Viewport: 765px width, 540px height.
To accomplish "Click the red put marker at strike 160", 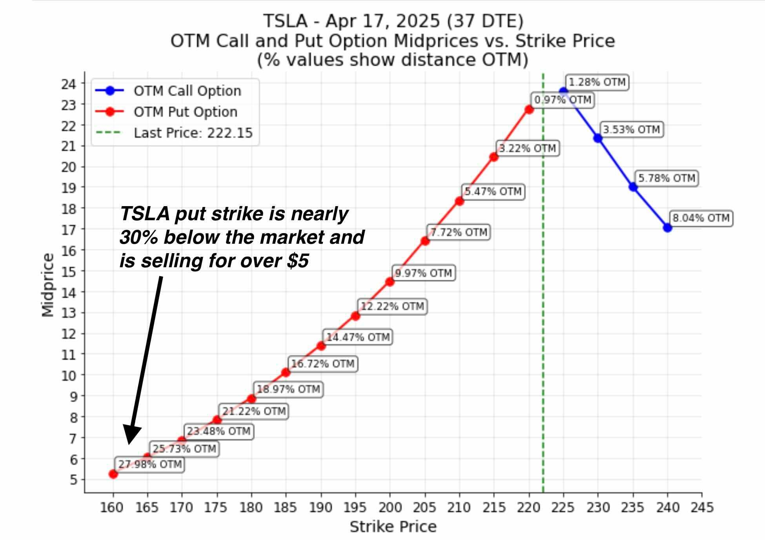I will [113, 474].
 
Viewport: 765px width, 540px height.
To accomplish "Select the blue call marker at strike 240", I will [667, 227].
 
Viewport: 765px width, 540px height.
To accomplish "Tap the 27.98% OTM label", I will [150, 464].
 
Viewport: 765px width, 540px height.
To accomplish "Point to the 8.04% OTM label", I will [701, 218].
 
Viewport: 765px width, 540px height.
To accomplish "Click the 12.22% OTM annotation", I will [392, 306].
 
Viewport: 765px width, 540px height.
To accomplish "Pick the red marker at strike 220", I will [529, 109].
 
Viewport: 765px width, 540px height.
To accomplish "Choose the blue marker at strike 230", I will [598, 138].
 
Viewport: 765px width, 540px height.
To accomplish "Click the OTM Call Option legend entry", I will [187, 91].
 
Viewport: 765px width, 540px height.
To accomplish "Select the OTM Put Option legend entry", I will [185, 112].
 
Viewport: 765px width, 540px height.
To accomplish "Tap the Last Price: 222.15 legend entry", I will [193, 133].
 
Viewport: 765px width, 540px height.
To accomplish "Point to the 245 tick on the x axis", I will [702, 507].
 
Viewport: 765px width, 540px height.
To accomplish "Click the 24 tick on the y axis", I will [68, 84].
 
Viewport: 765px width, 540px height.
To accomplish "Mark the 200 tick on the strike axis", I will [390, 507].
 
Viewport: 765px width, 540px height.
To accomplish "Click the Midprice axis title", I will [48, 285].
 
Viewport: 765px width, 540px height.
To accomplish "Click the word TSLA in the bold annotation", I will [145, 214].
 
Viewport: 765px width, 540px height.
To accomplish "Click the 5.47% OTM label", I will [493, 192].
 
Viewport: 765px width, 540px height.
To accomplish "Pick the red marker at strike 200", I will [390, 281].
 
